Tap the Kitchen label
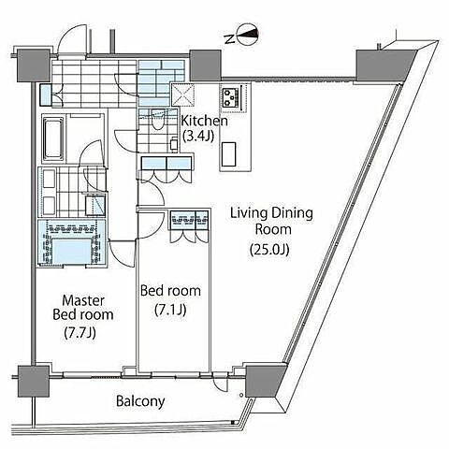(205, 121)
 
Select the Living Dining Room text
(271, 222)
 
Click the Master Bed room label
(83, 308)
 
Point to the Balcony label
(140, 401)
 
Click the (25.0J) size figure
(269, 250)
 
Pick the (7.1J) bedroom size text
(170, 310)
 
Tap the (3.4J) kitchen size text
(198, 136)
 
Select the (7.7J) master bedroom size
(80, 333)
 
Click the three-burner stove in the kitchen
(231, 96)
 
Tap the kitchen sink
(229, 154)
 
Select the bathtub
(53, 138)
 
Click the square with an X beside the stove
(182, 94)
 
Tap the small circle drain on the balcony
(241, 395)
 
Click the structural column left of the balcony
(34, 381)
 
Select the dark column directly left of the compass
(205, 65)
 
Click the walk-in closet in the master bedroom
(72, 242)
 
